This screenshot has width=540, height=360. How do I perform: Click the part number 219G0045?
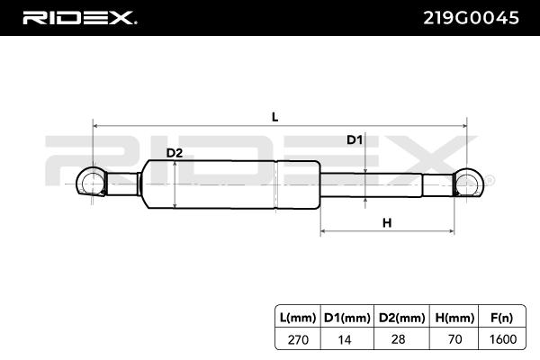(x=471, y=18)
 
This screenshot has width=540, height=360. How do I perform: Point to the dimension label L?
(x=274, y=116)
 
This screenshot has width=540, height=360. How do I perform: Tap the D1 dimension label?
(x=355, y=139)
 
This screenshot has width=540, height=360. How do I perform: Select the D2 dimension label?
(x=175, y=153)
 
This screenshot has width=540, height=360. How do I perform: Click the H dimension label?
(x=386, y=222)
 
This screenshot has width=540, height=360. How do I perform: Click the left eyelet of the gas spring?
(x=92, y=184)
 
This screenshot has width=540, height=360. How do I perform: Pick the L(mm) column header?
(x=299, y=316)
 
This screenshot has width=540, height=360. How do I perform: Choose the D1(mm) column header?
(x=346, y=316)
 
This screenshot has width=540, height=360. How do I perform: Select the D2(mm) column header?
(x=396, y=316)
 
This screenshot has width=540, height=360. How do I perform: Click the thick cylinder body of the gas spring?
(x=229, y=184)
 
